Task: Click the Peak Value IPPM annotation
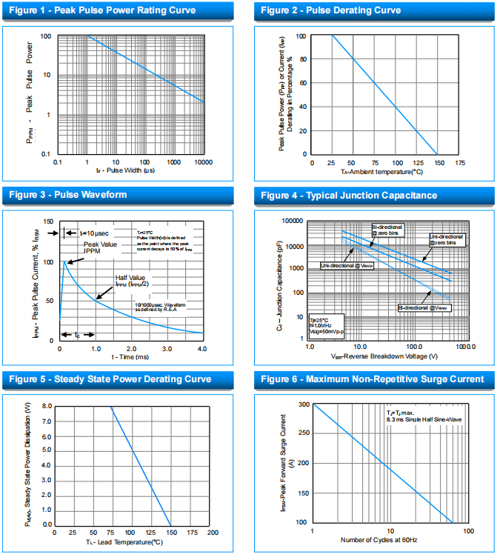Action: click(x=101, y=247)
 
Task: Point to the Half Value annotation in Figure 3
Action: click(x=132, y=280)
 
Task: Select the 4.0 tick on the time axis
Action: click(x=201, y=348)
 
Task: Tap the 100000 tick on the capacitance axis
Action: click(x=293, y=221)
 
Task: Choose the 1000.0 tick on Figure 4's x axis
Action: click(x=464, y=347)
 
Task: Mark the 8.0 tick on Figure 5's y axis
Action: click(x=47, y=407)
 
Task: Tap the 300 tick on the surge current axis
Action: click(x=303, y=404)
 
